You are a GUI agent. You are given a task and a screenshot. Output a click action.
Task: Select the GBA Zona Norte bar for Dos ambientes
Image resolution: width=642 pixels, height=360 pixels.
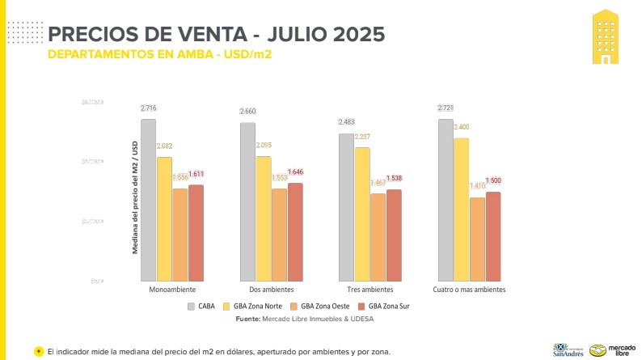264,218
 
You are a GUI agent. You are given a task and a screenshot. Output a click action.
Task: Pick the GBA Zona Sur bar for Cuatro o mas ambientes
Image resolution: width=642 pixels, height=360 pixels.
493,235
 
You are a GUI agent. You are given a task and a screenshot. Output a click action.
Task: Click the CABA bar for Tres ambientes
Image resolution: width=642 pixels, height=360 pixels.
346,206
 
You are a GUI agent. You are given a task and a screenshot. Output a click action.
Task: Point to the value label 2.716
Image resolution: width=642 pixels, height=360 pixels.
148,108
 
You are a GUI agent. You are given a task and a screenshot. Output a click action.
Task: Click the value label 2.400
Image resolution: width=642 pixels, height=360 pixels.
461,127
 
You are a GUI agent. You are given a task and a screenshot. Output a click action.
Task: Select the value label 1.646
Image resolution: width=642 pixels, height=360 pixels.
296,172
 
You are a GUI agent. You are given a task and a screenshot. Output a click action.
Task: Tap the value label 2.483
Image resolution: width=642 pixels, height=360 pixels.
346,122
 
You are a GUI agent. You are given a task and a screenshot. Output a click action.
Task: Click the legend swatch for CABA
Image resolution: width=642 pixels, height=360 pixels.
191,307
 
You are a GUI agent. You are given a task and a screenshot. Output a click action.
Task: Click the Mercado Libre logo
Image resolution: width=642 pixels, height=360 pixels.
610,349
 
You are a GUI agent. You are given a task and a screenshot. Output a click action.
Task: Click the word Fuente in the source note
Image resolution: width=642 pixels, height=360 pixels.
247,319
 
